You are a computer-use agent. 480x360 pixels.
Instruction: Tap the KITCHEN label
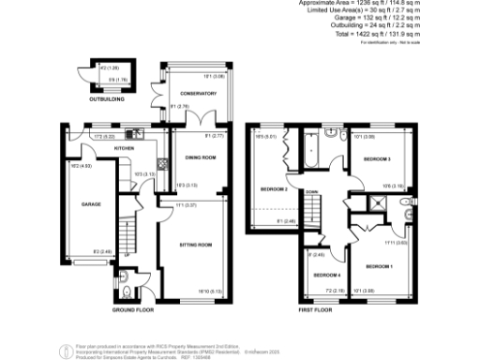click(126, 148)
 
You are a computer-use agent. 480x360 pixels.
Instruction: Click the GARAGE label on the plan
click(89, 203)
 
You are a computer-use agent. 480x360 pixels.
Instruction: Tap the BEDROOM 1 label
click(379, 267)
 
